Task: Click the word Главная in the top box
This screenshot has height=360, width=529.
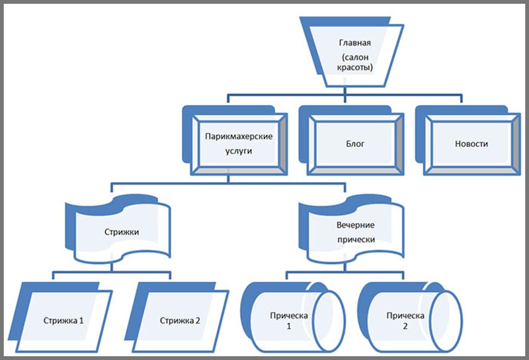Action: coord(355,42)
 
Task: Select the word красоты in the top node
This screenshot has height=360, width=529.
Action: coord(355,68)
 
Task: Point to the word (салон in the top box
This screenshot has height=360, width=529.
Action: coord(355,56)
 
